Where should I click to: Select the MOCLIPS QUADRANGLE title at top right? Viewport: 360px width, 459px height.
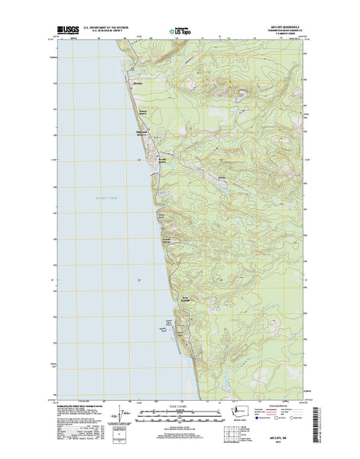click(x=283, y=29)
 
